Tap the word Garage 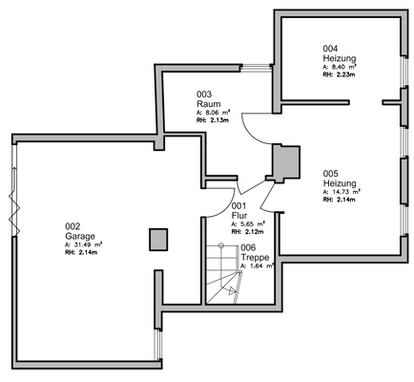(x=78, y=235)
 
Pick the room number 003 (x=203, y=94)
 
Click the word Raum (x=207, y=103)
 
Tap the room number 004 (x=330, y=48)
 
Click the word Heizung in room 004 (x=339, y=58)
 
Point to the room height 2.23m (x=344, y=74)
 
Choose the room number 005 (x=330, y=175)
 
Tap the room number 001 (x=238, y=206)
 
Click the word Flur (x=239, y=215)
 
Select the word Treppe (x=254, y=257)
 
